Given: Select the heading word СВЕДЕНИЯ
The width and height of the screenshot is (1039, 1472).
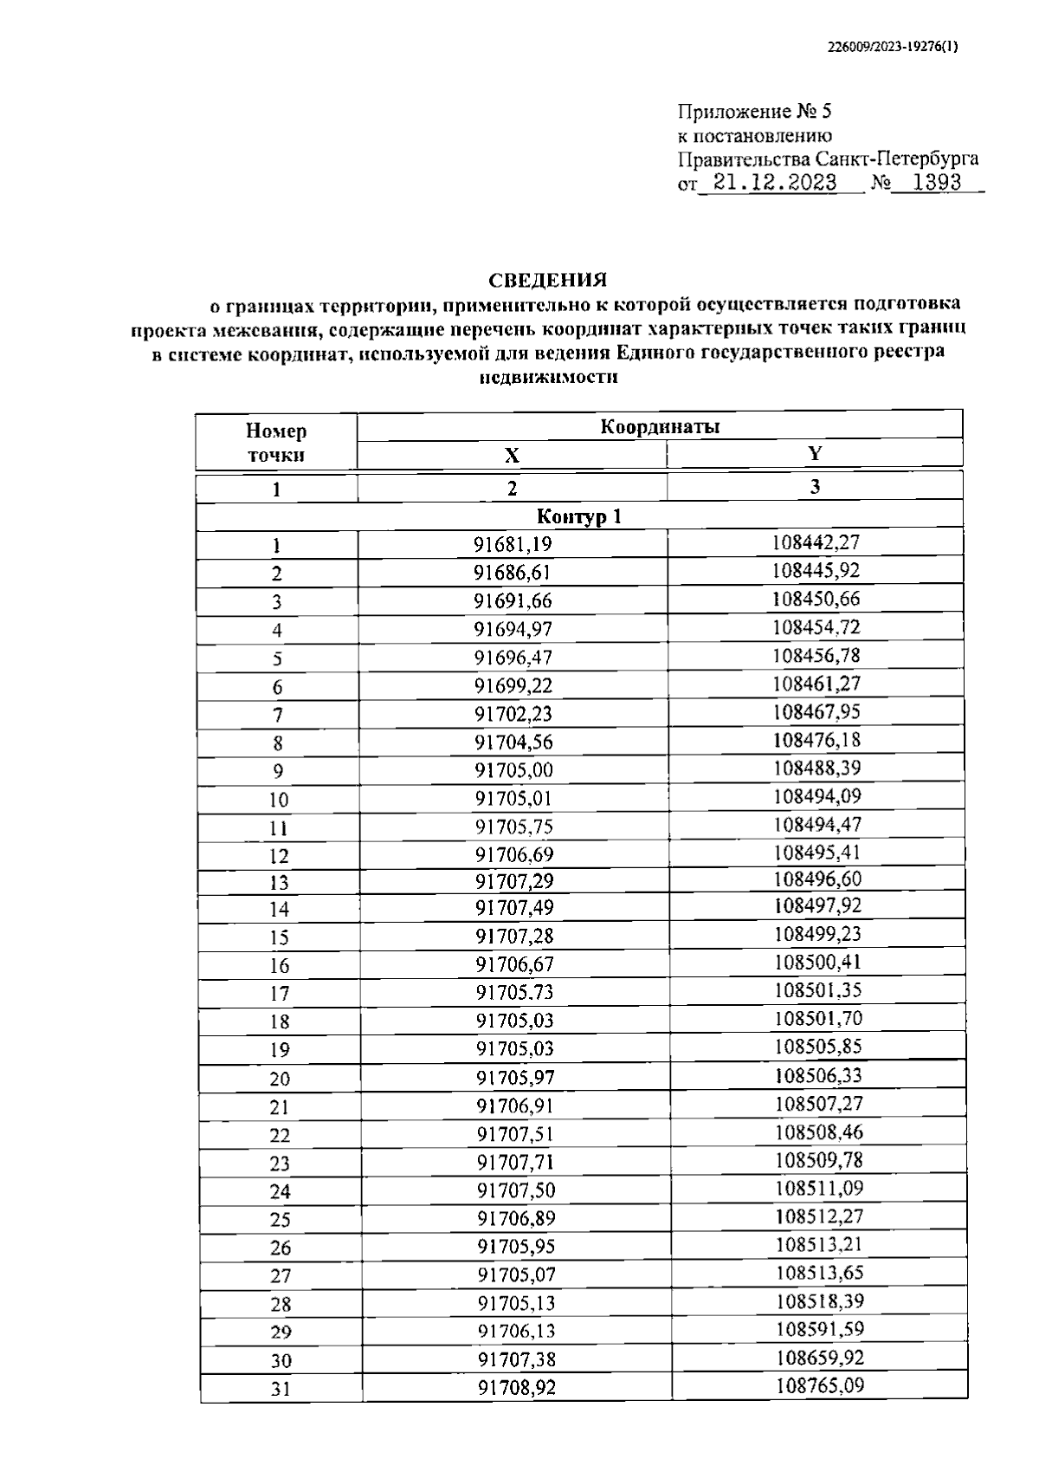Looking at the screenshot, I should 548,281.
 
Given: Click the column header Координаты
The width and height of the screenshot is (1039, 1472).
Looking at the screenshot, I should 660,426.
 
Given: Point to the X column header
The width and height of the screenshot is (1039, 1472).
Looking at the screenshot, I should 512,456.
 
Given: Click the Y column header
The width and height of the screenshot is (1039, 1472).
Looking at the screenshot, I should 815,453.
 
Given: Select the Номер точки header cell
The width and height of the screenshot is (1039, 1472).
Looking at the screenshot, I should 276,443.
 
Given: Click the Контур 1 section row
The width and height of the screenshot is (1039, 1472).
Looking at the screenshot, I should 579,517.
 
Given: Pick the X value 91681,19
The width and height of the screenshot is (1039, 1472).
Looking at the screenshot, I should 513,545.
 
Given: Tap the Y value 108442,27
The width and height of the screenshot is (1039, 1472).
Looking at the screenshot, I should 816,542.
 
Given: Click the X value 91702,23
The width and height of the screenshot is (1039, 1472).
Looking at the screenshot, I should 513,714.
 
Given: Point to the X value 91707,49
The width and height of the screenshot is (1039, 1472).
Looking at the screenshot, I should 514,908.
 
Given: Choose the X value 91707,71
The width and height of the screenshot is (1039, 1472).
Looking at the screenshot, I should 515,1162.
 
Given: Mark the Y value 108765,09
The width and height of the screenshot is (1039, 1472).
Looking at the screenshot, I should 819,1384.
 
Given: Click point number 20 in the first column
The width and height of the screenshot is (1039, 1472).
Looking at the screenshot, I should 280,1079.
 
